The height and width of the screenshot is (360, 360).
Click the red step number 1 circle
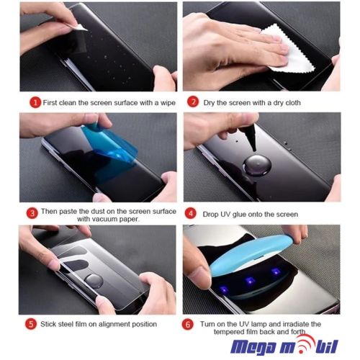click(x=35, y=103)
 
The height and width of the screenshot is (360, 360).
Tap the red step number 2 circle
click(x=193, y=102)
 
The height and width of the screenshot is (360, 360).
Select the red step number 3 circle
click(x=32, y=213)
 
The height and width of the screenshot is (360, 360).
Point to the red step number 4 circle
click(x=191, y=214)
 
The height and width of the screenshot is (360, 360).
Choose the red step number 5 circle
click(x=31, y=324)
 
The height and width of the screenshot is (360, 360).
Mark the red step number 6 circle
click(x=188, y=325)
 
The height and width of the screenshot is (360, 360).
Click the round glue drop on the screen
click(x=257, y=166)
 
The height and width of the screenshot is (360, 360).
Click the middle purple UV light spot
click(x=251, y=280)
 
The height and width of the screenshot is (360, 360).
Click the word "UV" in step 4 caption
click(x=225, y=215)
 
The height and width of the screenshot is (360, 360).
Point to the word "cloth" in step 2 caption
click(x=293, y=103)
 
